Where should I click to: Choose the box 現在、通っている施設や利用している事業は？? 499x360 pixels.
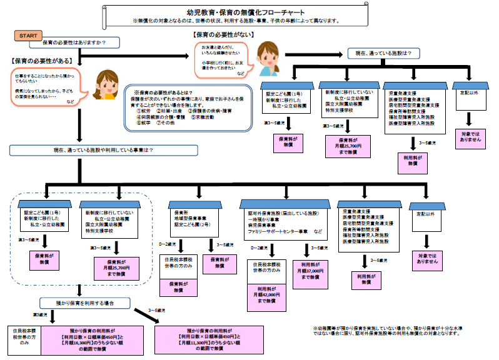tap(82, 151)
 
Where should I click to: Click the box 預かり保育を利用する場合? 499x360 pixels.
tap(86, 302)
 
